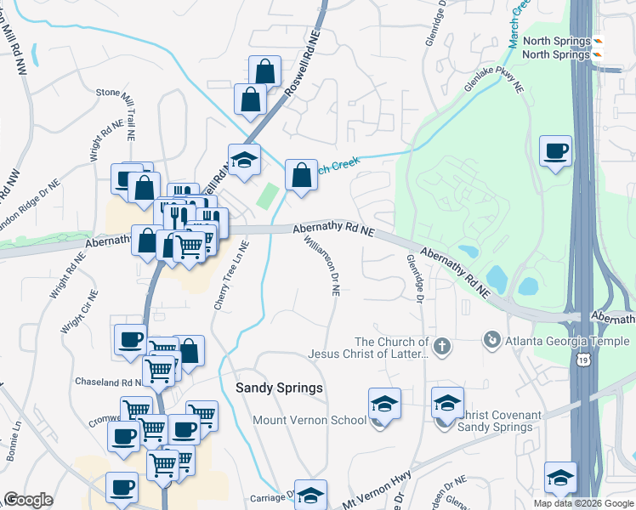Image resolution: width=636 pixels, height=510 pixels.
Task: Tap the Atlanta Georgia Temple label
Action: click(x=567, y=342)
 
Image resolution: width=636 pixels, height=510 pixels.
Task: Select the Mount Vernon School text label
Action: click(x=309, y=420)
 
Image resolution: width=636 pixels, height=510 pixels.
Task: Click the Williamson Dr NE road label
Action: click(x=323, y=265)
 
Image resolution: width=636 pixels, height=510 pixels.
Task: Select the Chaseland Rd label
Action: click(x=105, y=382)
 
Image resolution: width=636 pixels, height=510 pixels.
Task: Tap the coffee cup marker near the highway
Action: click(x=555, y=152)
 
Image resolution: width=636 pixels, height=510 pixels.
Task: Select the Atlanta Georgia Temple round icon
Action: click(x=491, y=341)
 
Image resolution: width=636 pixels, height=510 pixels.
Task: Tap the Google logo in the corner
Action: click(x=28, y=500)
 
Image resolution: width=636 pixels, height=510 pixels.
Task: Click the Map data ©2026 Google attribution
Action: click(x=582, y=503)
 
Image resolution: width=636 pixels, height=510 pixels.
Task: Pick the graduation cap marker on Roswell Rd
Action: click(x=243, y=161)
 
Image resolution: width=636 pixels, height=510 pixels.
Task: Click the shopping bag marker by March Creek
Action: click(x=301, y=177)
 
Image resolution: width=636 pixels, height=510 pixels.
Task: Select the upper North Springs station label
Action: click(x=556, y=42)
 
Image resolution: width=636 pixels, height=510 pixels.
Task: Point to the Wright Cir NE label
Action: click(x=78, y=311)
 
